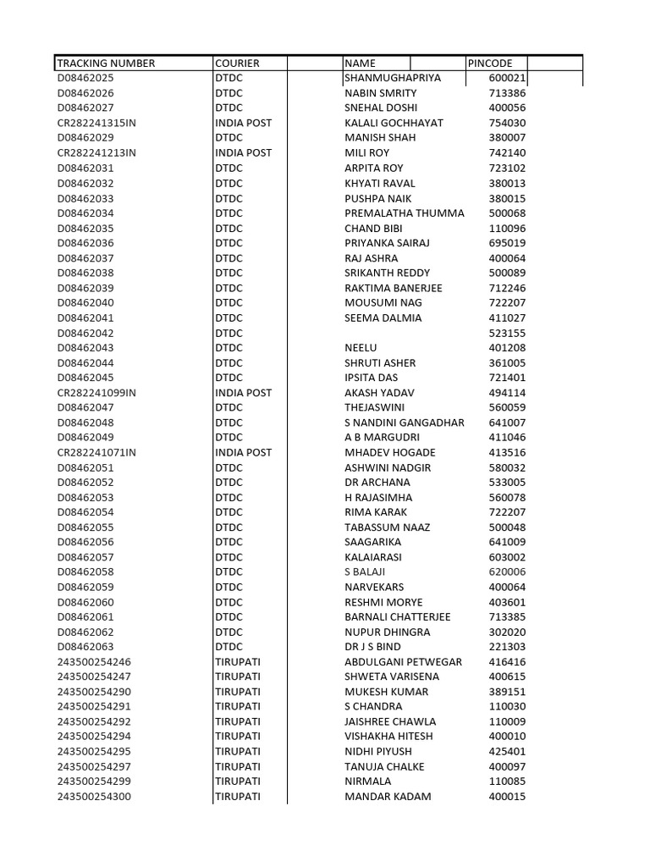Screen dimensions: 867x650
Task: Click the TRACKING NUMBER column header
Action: coord(106,64)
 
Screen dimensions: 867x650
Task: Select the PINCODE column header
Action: coord(489,64)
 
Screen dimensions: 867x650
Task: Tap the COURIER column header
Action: coord(237,64)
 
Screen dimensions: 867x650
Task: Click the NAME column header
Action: coord(360,64)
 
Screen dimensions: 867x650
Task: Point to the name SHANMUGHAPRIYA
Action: coord(392,78)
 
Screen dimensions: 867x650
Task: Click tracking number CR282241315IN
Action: coord(96,123)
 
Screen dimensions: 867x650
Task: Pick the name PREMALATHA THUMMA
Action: coord(404,213)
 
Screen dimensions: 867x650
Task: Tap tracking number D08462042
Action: coord(85,333)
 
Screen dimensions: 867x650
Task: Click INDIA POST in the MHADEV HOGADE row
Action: coord(243,453)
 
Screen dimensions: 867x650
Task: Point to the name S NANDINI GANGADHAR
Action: coord(404,422)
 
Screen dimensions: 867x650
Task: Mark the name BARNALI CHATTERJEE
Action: coord(397,617)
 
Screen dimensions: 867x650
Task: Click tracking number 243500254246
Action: coord(94,662)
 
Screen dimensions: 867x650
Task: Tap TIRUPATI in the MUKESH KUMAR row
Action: coord(238,692)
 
